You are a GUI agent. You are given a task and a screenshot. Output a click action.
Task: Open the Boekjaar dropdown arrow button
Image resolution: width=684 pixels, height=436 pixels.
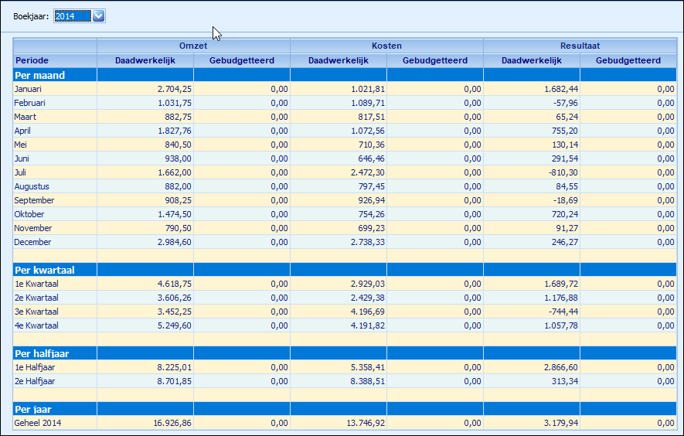(99, 16)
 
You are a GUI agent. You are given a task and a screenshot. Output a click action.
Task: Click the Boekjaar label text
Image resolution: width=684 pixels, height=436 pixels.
(31, 16)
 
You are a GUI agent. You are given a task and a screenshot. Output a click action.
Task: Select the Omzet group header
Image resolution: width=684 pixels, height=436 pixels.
(193, 46)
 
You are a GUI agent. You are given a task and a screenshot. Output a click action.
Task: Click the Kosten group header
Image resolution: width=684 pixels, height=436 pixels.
(386, 46)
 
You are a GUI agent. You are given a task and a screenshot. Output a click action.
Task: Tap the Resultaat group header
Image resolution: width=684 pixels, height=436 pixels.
(580, 46)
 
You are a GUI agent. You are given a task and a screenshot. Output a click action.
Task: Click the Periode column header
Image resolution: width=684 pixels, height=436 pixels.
(32, 60)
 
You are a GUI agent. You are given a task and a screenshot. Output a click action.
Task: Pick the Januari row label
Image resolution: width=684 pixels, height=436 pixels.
(28, 89)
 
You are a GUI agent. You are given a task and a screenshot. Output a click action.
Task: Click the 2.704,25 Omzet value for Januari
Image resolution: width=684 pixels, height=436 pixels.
(175, 89)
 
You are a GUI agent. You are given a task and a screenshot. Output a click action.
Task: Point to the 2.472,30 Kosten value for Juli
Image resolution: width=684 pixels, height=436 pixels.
(368, 172)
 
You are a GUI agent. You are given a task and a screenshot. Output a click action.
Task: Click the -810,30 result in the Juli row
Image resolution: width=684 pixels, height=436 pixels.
(563, 172)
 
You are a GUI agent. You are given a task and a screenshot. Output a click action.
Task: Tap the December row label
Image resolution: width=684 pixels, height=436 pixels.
(32, 242)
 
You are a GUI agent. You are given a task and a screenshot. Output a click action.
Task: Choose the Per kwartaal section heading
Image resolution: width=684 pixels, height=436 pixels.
(45, 270)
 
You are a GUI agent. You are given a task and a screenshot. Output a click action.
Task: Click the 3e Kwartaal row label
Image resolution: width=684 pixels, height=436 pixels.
(36, 312)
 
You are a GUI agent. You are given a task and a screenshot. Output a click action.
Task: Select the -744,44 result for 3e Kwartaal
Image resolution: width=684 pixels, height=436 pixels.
(563, 312)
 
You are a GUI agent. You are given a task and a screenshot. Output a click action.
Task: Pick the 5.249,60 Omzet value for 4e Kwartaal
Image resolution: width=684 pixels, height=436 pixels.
(175, 325)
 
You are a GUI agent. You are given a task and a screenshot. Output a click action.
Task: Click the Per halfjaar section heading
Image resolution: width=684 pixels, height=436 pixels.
(42, 353)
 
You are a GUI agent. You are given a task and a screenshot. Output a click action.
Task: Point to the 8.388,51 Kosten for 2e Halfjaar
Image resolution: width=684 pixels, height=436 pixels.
(368, 381)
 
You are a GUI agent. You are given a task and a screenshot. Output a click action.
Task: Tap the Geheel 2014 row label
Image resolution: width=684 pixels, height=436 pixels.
(38, 423)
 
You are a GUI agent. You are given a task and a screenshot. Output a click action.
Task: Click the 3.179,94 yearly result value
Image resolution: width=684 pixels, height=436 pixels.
(561, 423)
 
